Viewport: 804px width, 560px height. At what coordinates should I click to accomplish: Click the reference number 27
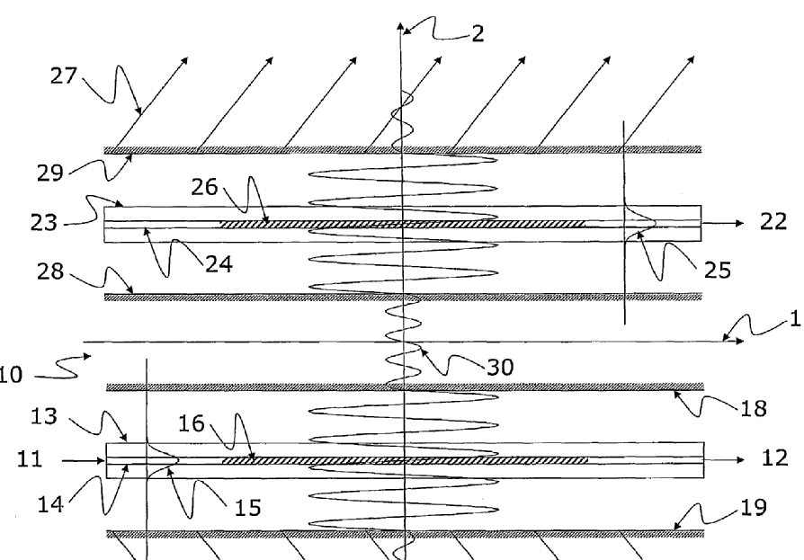point(64,78)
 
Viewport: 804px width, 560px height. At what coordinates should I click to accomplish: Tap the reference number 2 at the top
point(477,34)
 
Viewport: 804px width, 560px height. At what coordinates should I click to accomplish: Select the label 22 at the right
point(774,223)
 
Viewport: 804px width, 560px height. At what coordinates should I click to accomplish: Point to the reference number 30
point(501,366)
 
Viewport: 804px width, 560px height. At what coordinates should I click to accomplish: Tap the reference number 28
point(64,270)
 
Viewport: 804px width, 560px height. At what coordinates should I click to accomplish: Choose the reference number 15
point(249,508)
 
